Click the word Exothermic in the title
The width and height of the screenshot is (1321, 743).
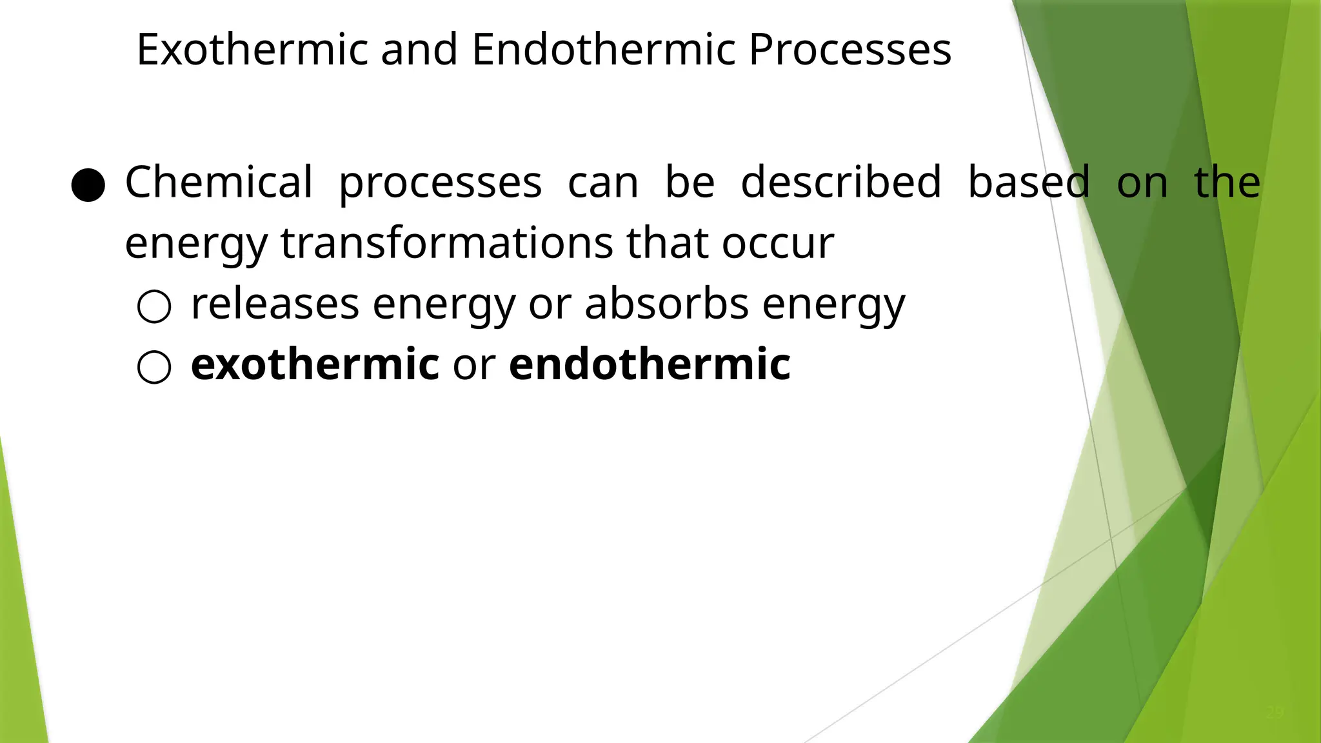(252, 50)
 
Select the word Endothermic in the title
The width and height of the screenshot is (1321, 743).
(603, 50)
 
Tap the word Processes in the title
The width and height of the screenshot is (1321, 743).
(849, 50)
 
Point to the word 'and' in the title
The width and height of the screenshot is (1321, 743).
(419, 50)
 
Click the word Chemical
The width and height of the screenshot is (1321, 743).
(219, 182)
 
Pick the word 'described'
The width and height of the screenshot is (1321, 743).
(841, 182)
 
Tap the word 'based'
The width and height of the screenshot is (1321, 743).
(1029, 182)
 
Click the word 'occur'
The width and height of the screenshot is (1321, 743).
(778, 243)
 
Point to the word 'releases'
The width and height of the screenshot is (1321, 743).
(275, 304)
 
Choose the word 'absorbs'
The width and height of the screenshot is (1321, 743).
(666, 304)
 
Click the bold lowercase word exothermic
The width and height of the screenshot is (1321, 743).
(315, 364)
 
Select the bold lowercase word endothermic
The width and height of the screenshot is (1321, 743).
(650, 364)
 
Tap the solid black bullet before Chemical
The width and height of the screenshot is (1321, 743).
(88, 186)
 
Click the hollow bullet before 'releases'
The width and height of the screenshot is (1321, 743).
(154, 306)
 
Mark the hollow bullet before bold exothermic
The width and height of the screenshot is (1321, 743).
(154, 368)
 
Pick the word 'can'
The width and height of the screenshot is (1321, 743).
(603, 182)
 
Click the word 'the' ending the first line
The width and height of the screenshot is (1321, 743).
(1227, 182)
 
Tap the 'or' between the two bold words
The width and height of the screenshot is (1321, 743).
(474, 364)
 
